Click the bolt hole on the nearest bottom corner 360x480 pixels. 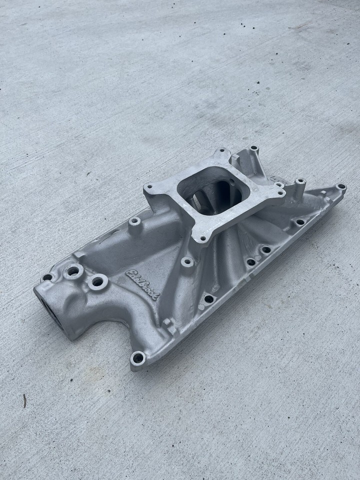click(137, 357)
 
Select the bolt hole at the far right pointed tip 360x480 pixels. click(341, 187)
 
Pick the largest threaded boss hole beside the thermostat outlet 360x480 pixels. click(73, 271)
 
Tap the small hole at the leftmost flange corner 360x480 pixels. click(47, 277)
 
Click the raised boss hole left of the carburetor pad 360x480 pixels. click(134, 221)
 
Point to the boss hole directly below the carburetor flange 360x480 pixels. click(187, 261)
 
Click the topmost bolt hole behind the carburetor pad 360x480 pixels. click(254, 148)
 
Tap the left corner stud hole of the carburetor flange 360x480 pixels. click(148, 187)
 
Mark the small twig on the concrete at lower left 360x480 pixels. click(24, 400)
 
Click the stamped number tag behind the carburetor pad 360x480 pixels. click(276, 178)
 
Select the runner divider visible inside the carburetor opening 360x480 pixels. click(210, 197)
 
